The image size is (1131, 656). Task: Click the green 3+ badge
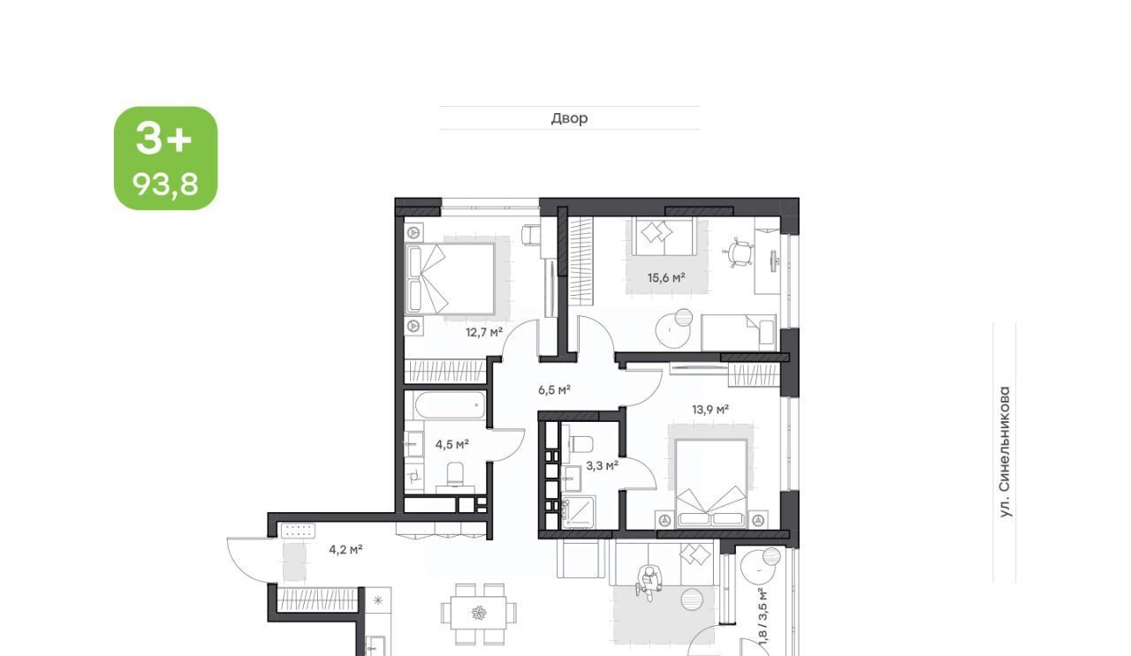pyautogui.click(x=165, y=158)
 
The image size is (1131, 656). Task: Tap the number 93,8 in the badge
pyautogui.click(x=165, y=185)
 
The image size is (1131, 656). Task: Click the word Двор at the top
pyautogui.click(x=569, y=118)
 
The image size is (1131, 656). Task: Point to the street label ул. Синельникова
pyautogui.click(x=1005, y=452)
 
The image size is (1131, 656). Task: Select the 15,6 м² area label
pyautogui.click(x=666, y=277)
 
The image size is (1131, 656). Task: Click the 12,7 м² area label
pyautogui.click(x=484, y=332)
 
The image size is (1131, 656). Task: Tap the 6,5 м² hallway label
pyautogui.click(x=554, y=389)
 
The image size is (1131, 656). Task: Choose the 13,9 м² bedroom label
pyautogui.click(x=710, y=410)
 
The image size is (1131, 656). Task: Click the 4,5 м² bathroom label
pyautogui.click(x=452, y=445)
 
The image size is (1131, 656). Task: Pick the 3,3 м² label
pyautogui.click(x=602, y=465)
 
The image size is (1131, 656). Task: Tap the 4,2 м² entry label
pyautogui.click(x=345, y=549)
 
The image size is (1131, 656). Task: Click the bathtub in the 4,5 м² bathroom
pyautogui.click(x=450, y=404)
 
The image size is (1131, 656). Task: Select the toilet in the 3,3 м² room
pyautogui.click(x=580, y=444)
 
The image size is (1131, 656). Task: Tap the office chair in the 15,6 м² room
pyautogui.click(x=738, y=253)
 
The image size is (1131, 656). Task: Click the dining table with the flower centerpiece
pyautogui.click(x=478, y=614)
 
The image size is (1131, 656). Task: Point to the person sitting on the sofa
pyautogui.click(x=649, y=583)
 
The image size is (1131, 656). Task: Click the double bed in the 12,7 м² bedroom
pyautogui.click(x=451, y=279)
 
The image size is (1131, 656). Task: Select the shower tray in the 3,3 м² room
pyautogui.click(x=578, y=512)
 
